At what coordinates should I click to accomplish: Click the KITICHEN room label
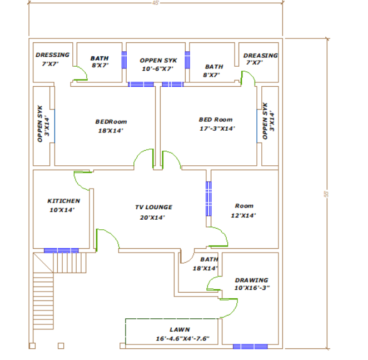63,201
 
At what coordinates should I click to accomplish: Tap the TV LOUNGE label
153,208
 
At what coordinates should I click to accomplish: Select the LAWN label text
180,330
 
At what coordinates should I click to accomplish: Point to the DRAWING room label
251,280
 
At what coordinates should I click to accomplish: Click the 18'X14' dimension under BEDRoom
111,131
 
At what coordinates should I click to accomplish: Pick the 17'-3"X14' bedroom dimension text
217,129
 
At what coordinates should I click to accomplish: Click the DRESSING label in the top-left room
52,55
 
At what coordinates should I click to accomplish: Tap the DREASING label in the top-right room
260,56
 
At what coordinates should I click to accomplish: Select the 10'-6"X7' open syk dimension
158,69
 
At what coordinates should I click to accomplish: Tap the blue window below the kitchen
61,250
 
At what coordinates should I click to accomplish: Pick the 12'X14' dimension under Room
243,215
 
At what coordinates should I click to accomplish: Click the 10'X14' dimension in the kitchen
62,210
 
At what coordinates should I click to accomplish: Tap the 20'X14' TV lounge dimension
152,217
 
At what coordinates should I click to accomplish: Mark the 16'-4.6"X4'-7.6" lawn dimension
182,338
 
